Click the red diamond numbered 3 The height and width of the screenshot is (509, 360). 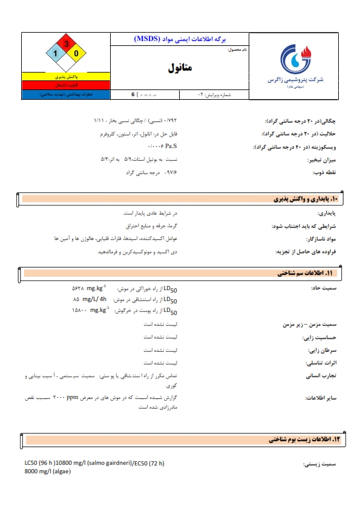(x=67, y=44)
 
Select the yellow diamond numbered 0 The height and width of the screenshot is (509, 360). (x=77, y=54)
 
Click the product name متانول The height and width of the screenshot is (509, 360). (x=180, y=68)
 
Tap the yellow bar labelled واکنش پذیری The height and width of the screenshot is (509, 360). (x=66, y=78)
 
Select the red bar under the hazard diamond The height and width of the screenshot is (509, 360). (x=66, y=86)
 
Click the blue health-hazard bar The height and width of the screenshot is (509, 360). (x=66, y=95)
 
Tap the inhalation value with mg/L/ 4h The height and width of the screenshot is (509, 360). (x=90, y=300)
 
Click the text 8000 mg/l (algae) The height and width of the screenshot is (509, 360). (x=45, y=472)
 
